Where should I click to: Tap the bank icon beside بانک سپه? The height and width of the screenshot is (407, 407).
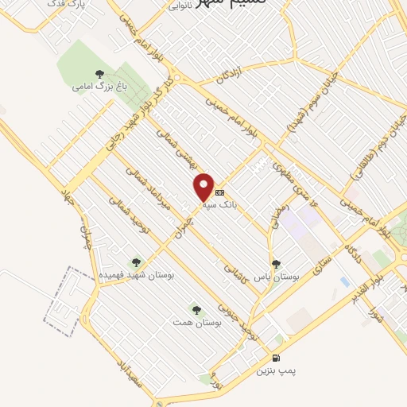pos(220,192)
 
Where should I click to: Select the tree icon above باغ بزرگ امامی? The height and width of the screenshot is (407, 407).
pos(99,74)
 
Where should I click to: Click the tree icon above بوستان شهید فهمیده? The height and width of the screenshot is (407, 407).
pos(136,262)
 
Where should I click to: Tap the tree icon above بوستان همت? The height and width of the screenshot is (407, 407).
pos(196,308)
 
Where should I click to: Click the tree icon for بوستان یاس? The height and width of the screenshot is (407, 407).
pos(276,264)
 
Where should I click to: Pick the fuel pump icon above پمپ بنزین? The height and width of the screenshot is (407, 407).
pos(276,358)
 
